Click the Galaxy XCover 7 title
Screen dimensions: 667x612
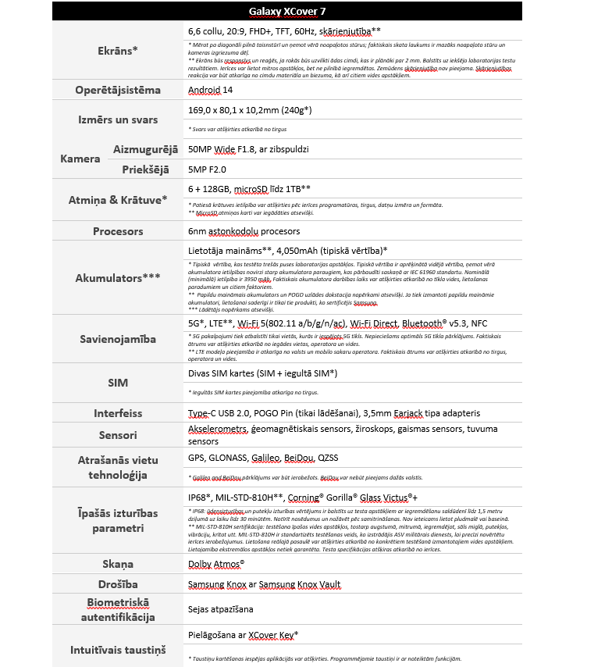point(288,11)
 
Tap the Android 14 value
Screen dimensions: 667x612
point(212,90)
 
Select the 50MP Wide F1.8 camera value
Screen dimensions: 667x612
point(249,148)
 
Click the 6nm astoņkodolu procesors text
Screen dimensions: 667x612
point(244,231)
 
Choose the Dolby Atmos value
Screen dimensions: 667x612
point(216,563)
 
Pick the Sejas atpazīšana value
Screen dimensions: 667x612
point(221,608)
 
